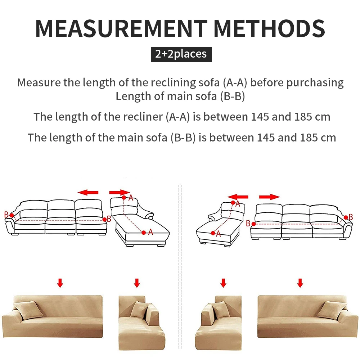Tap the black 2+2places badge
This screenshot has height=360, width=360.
[181, 54]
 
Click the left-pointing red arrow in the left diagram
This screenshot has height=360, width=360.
[88, 193]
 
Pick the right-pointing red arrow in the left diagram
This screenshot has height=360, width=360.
[120, 192]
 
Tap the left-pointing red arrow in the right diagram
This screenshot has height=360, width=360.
[238, 197]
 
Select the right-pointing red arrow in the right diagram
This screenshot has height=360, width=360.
[269, 197]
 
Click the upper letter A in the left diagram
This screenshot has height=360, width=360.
[131, 198]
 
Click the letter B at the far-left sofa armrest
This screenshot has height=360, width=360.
[6, 215]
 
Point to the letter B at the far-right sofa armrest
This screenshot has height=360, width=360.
[351, 217]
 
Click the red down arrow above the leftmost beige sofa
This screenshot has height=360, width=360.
[60, 283]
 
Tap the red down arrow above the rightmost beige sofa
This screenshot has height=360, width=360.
[300, 283]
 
